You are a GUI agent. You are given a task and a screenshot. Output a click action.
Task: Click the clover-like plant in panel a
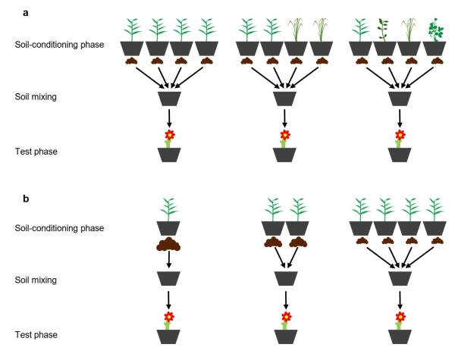436,30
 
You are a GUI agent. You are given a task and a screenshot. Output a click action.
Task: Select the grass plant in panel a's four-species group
410,30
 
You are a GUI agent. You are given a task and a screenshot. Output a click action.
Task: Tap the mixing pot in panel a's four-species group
400,99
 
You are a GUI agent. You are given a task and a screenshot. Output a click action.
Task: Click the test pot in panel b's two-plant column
285,336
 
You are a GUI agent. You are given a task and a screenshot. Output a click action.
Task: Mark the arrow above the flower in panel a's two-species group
284,117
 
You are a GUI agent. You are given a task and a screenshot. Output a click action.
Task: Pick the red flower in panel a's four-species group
400,135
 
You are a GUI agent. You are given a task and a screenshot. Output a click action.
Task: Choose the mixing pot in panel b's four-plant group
400,280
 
